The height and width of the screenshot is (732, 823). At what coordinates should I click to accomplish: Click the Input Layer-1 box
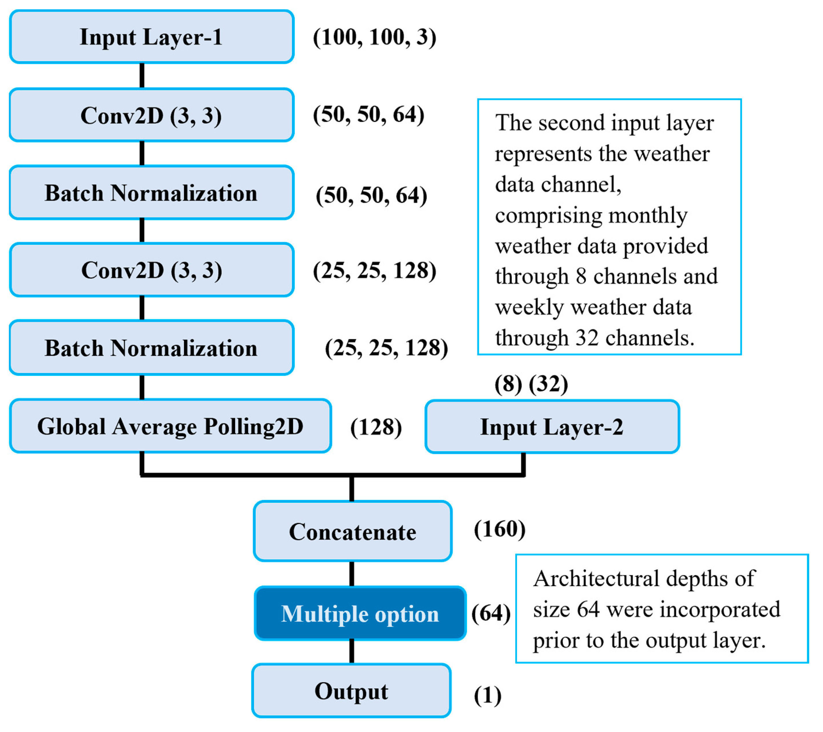click(x=151, y=37)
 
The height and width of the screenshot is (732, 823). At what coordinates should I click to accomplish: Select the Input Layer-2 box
click(x=552, y=427)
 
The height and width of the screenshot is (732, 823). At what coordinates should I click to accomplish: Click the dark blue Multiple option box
click(x=360, y=614)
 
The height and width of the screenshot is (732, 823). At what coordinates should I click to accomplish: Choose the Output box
click(x=351, y=691)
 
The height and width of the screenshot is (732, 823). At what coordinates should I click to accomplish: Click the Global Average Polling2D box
click(x=170, y=426)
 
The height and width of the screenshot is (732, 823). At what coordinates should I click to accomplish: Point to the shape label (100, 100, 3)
click(x=374, y=37)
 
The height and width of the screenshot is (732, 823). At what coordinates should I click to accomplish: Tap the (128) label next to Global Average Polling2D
click(x=376, y=427)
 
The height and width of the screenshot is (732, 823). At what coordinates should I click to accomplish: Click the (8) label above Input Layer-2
click(x=508, y=384)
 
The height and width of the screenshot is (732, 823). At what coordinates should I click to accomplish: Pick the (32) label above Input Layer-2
click(x=548, y=384)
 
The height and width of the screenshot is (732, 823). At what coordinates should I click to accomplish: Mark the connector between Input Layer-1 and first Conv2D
click(x=142, y=75)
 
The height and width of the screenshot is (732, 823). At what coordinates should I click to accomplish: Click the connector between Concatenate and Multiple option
click(x=352, y=574)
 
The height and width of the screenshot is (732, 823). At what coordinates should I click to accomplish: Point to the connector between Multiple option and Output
click(x=352, y=651)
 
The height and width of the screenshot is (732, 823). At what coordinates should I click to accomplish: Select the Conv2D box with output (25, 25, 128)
click(x=151, y=270)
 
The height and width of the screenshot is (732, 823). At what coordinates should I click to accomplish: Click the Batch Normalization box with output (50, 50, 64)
click(x=151, y=193)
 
